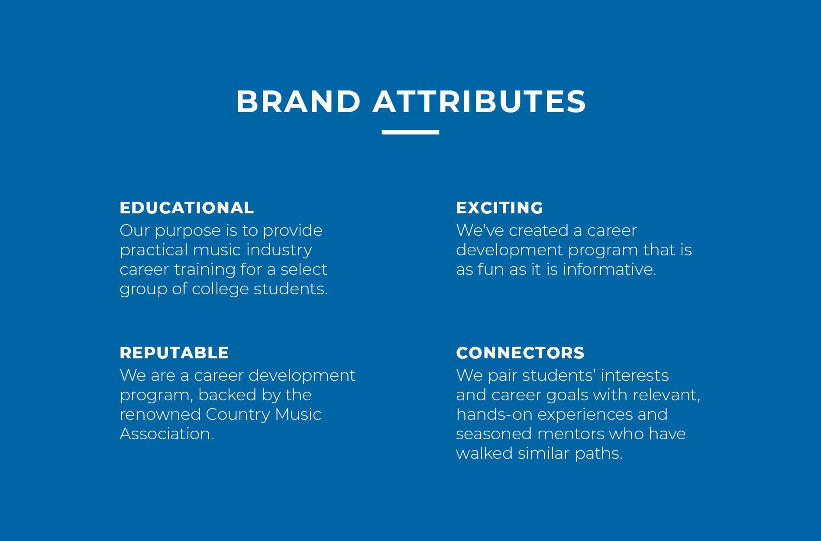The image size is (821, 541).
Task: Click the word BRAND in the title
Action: coord(298,102)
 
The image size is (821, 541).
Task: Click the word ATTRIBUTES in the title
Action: coord(479,102)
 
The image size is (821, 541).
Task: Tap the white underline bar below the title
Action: coord(410,132)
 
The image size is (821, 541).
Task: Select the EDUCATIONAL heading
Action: coord(187,208)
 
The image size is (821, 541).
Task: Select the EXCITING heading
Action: coord(499,208)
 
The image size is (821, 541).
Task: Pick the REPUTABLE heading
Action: coord(174,353)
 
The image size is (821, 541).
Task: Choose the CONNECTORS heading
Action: coord(520,353)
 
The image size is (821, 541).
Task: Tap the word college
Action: coord(220,289)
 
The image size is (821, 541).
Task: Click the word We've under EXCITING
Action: coord(480,230)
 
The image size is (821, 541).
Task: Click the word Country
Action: coord(238,415)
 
